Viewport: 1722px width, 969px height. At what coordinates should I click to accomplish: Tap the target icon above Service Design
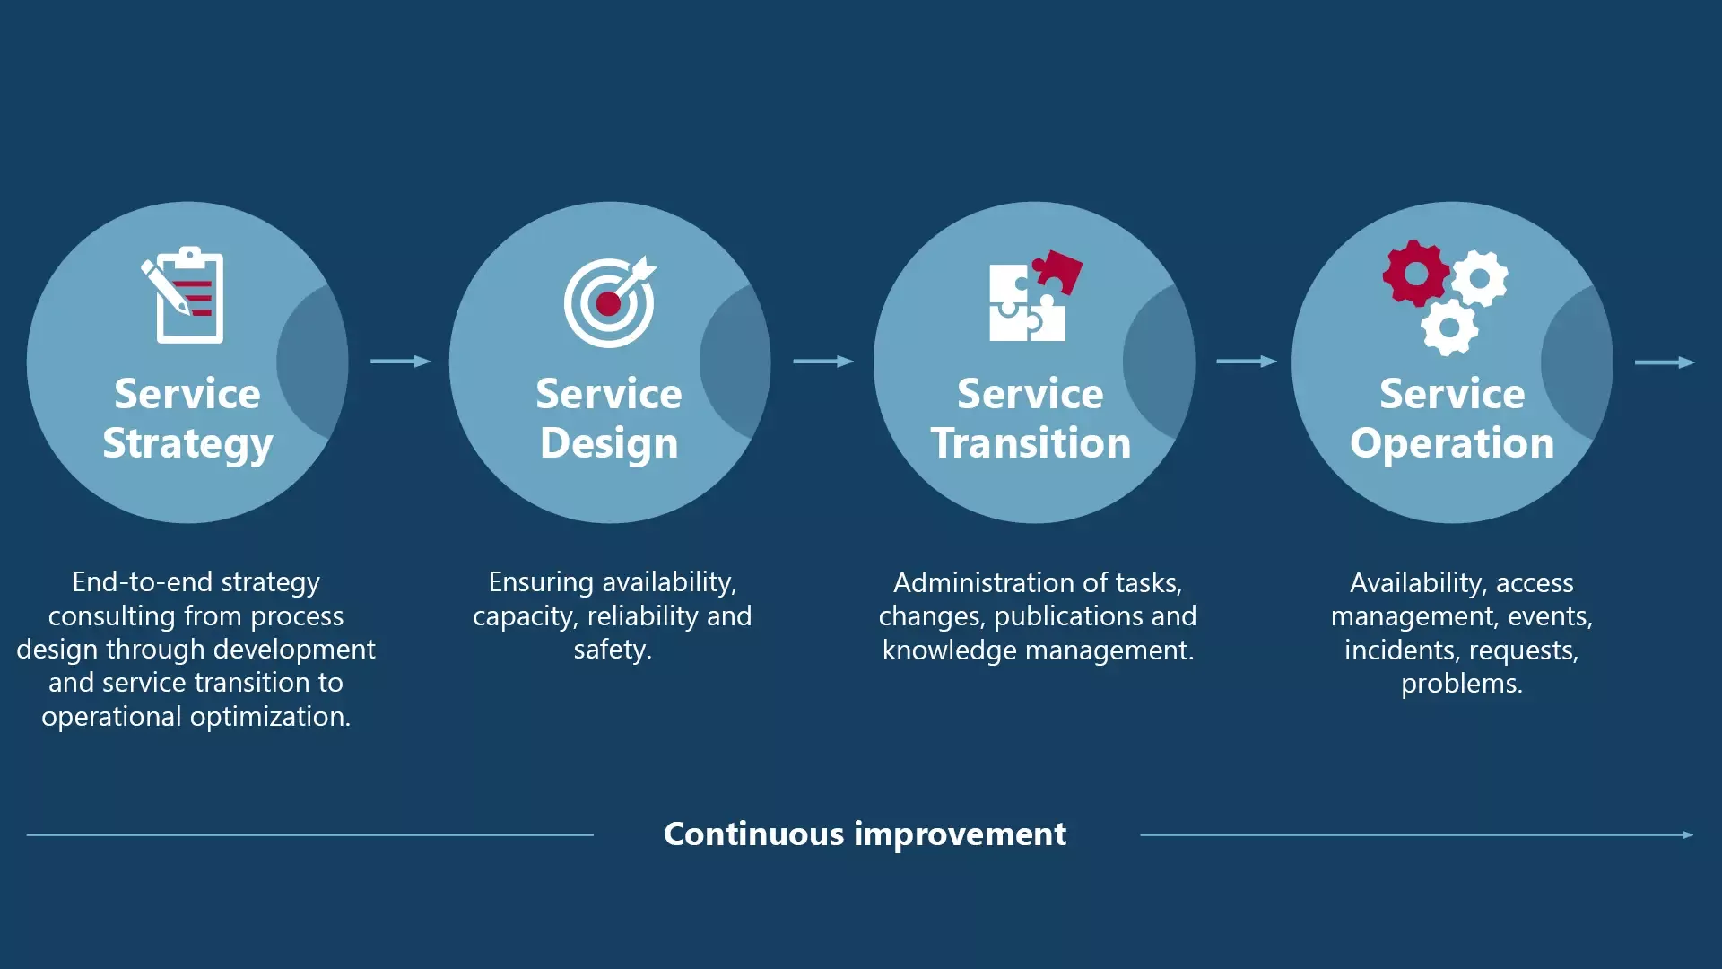point(609,303)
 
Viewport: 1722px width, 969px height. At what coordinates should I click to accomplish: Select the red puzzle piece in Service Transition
point(1058,270)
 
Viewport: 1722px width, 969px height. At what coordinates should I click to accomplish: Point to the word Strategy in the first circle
point(187,443)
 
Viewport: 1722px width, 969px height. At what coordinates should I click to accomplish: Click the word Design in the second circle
point(609,443)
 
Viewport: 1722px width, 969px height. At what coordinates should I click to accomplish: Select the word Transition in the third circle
point(1031,443)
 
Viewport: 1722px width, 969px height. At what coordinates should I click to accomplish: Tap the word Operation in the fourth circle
point(1452,443)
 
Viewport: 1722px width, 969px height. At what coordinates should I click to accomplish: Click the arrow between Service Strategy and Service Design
point(401,362)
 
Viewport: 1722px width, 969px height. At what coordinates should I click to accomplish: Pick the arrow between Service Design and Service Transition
point(823,362)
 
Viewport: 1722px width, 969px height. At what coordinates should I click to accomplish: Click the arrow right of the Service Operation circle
point(1665,362)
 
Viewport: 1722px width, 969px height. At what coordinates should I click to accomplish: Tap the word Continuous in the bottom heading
point(753,834)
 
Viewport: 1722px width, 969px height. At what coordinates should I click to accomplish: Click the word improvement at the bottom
point(960,834)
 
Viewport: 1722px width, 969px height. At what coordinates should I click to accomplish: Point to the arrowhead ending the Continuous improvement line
point(1688,834)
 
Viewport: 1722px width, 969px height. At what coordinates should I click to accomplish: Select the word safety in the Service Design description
point(610,650)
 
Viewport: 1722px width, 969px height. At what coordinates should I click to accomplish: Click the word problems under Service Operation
point(1460,684)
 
